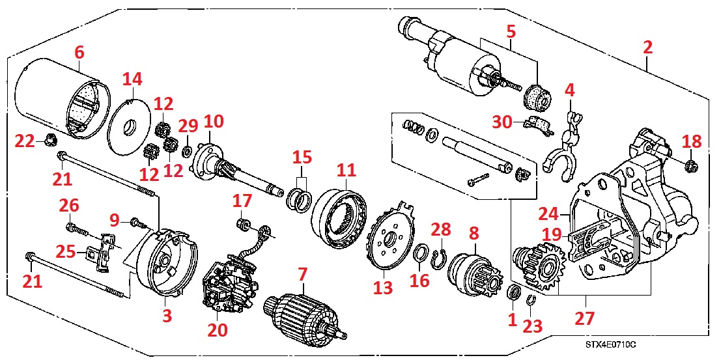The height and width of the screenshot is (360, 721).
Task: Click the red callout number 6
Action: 79,52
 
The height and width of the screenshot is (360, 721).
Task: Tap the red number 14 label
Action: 132,79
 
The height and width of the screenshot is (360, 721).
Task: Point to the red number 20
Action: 218,330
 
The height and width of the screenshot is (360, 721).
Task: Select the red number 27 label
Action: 584,318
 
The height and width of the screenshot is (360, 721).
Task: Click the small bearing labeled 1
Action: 513,294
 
